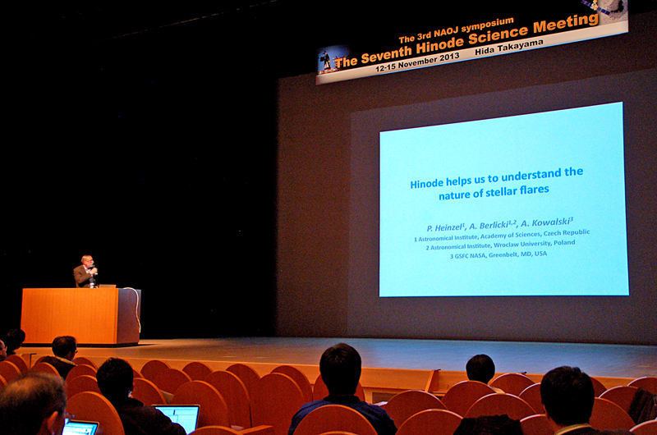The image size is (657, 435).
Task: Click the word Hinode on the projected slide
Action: coord(426,183)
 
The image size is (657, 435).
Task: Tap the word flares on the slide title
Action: coord(535,190)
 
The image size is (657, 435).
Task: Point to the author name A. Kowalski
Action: coord(546,222)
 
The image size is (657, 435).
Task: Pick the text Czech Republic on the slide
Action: coord(567,232)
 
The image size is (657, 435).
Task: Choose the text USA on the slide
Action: coord(540,254)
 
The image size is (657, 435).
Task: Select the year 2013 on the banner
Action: coord(448,57)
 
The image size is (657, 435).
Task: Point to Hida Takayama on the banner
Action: coord(509,47)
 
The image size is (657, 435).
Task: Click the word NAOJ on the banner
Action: coord(448,31)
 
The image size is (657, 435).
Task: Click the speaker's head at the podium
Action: coord(87,261)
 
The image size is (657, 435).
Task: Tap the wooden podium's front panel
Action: coord(69,315)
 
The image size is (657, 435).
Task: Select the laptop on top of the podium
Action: coord(107,286)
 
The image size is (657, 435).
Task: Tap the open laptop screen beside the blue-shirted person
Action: coord(177,418)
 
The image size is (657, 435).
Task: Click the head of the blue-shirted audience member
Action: coord(340,368)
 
